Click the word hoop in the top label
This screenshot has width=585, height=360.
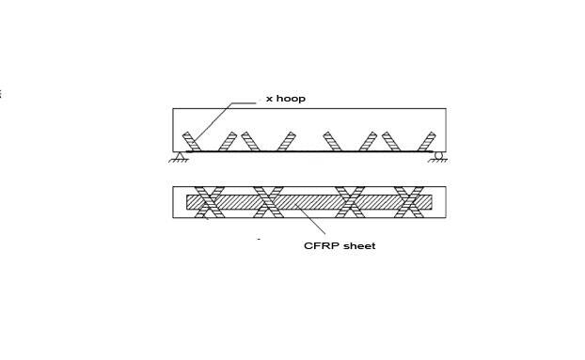tap(291, 99)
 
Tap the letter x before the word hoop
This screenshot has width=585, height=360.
tap(269, 99)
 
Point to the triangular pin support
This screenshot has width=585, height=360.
tap(180, 155)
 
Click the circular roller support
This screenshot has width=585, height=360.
tap(438, 155)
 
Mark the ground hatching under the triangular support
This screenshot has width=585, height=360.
tap(179, 161)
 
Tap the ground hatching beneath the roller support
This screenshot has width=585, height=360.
tap(437, 161)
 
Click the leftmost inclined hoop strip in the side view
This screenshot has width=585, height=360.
tap(191, 142)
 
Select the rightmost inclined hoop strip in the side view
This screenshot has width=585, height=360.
tap(427, 142)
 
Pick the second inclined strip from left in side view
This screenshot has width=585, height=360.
tap(228, 142)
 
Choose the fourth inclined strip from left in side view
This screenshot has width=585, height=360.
tap(287, 142)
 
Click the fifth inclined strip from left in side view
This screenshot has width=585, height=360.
tap(332, 142)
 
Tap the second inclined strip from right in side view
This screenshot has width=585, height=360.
tap(391, 142)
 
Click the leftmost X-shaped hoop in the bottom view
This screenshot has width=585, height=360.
tap(210, 202)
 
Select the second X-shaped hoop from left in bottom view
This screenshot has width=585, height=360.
tap(268, 202)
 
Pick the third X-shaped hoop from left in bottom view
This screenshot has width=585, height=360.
tap(350, 202)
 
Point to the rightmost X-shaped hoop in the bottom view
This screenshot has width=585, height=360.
tap(409, 202)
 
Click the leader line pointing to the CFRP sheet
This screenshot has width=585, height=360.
tap(310, 219)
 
